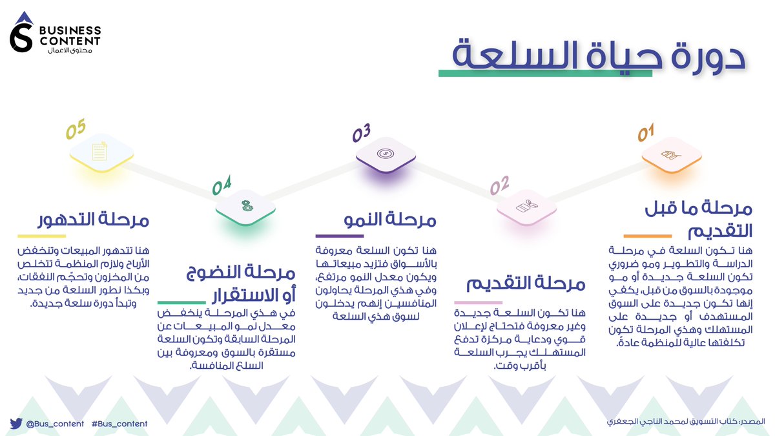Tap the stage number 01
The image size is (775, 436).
[646, 134]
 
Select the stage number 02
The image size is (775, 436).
[499, 187]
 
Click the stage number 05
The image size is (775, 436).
[76, 130]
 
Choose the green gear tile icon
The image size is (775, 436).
[246, 207]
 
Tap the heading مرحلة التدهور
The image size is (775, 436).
[84, 220]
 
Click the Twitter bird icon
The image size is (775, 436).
[16, 424]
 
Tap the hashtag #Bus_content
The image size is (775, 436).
[119, 424]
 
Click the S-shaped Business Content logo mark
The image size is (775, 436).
[21, 36]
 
